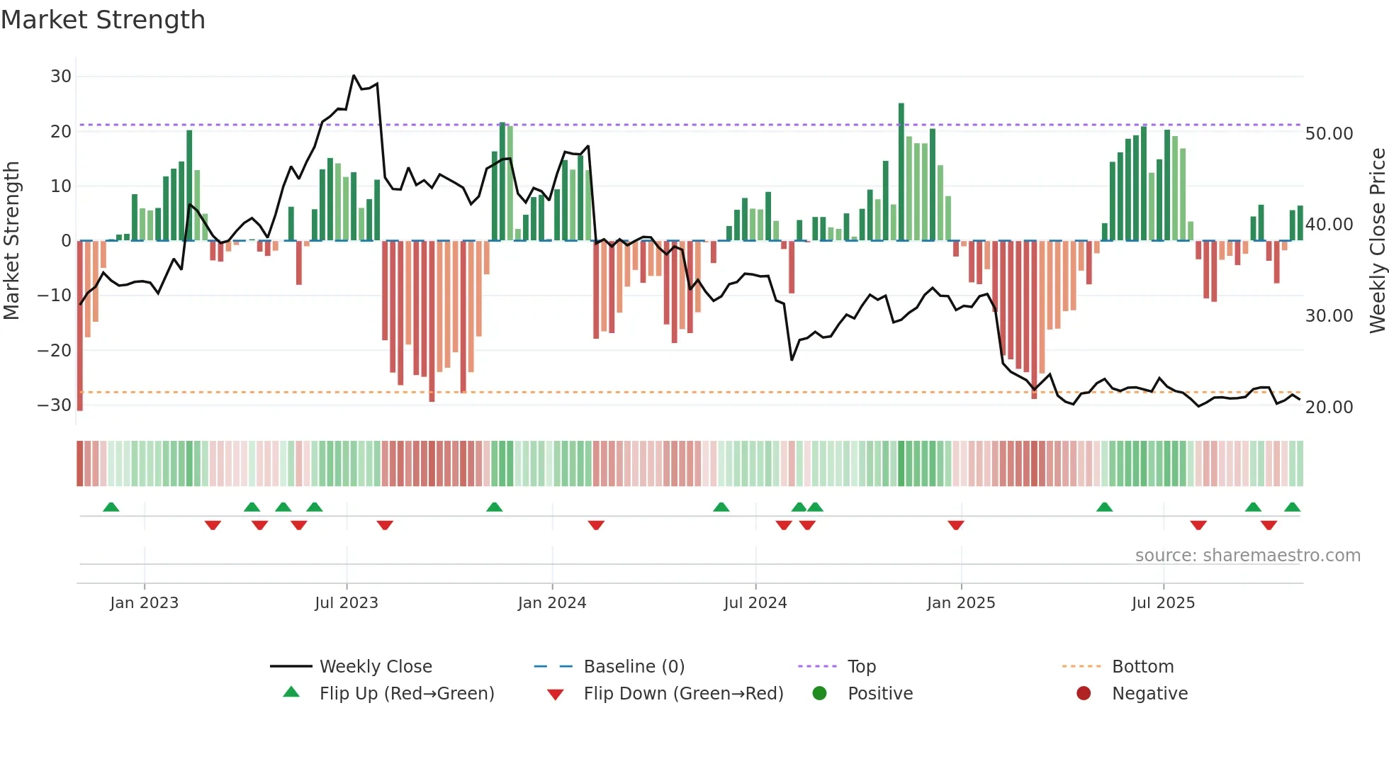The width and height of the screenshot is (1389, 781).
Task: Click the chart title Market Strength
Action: point(103,20)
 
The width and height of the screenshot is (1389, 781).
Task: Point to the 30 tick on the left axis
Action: point(61,77)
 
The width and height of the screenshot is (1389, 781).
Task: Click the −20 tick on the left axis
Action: point(55,350)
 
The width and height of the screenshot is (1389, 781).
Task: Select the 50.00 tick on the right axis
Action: point(1329,134)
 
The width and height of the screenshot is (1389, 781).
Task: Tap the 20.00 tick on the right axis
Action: point(1329,408)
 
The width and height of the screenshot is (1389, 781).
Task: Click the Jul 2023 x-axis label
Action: point(347,603)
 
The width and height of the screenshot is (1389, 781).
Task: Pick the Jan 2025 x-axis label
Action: point(961,603)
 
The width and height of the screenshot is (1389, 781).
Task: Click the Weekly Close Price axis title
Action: point(1377,241)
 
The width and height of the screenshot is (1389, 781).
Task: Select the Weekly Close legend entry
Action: point(375,667)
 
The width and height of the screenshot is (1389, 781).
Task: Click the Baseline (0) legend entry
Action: point(634,667)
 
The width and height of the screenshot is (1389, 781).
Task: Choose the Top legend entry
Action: point(862,667)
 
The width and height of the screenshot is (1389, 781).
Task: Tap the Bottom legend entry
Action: point(1142,667)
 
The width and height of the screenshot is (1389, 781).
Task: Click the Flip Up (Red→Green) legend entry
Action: point(406,694)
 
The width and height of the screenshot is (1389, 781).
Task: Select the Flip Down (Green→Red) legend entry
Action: point(683,694)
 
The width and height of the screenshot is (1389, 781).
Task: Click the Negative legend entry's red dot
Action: point(1084,694)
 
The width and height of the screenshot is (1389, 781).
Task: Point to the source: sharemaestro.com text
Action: point(1247,556)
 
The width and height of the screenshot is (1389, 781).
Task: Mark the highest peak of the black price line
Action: point(354,76)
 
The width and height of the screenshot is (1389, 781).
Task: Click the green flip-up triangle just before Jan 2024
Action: point(495,507)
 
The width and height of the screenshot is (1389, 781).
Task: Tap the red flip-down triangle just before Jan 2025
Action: point(956,525)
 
